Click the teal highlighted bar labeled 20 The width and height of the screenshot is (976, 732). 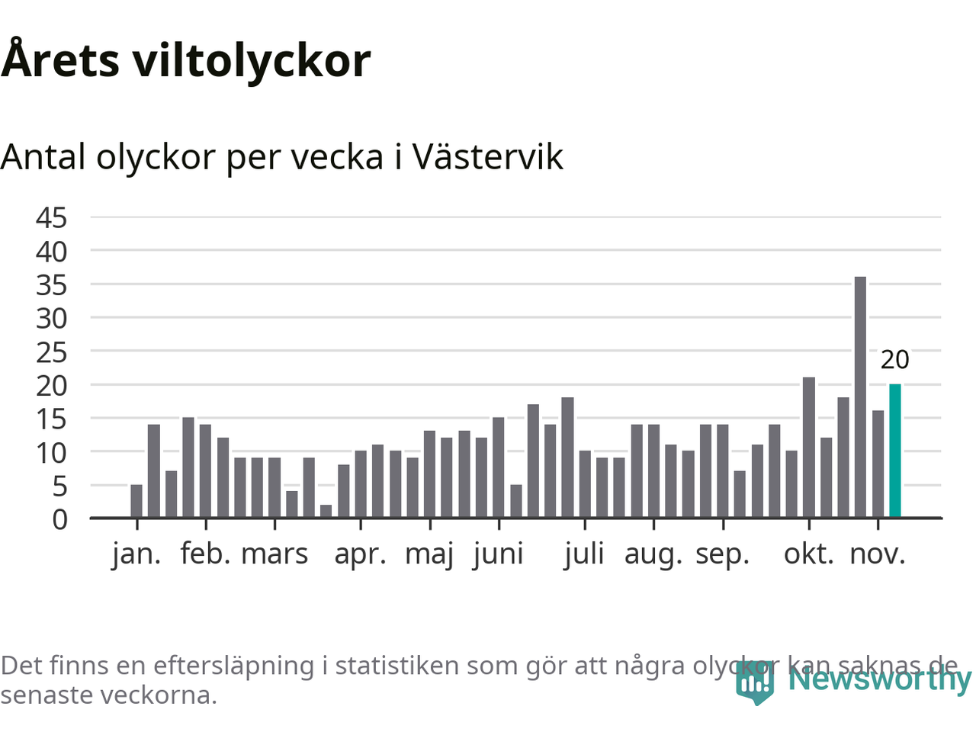(895, 451)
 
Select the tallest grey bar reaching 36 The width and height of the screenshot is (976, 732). (860, 396)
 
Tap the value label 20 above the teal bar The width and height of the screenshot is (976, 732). (895, 359)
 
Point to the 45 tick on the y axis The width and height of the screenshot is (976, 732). (51, 218)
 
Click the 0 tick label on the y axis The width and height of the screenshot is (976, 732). (59, 519)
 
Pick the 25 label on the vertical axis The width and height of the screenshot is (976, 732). (51, 352)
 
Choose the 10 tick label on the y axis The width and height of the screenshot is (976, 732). (51, 453)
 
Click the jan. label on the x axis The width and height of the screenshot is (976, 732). (136, 554)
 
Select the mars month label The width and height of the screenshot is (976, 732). (274, 554)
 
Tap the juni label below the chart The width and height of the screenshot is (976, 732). (498, 554)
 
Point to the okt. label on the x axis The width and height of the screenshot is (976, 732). (809, 554)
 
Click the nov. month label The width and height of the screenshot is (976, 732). (878, 554)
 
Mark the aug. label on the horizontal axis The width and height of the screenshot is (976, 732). (653, 554)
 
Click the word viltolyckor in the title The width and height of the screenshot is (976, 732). (252, 61)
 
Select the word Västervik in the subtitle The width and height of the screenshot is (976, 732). (488, 157)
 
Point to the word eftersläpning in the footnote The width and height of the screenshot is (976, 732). (233, 666)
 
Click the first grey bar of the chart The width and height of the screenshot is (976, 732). (136, 501)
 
